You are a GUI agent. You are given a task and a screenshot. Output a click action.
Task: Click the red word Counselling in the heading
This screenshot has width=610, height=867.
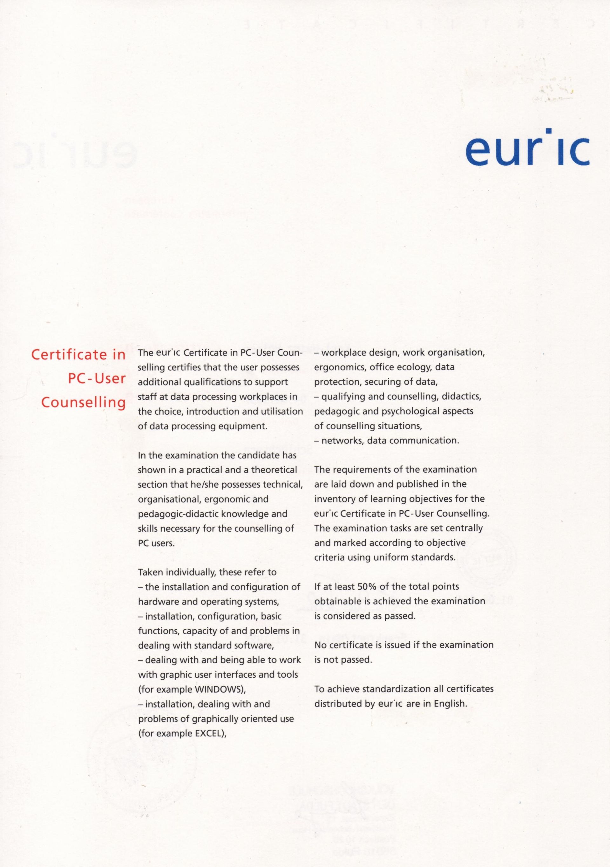click(84, 403)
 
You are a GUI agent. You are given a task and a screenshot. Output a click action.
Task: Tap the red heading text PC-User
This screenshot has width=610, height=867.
click(97, 379)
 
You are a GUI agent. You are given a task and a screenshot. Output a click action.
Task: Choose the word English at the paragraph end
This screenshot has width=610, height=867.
click(450, 704)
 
